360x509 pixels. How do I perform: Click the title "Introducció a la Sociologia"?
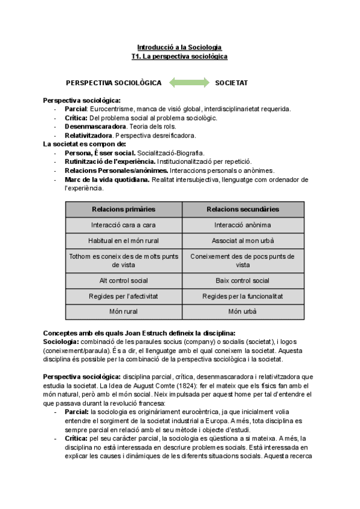pos(179,47)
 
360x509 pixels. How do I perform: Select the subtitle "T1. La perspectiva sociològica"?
pos(179,56)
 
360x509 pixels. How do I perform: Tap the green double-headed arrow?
pos(189,82)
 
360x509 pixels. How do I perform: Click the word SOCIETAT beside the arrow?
pos(232,82)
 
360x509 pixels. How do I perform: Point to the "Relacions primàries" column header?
pos(124,209)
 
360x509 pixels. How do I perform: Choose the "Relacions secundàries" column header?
pos(242,209)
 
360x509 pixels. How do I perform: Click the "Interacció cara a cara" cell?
pos(124,224)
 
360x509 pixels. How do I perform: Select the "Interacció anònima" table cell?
pos(242,224)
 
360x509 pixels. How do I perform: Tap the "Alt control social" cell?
pos(124,280)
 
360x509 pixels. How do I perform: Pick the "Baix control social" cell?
pos(242,280)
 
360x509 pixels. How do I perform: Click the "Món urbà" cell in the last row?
pos(242,312)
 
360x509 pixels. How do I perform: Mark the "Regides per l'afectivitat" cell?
pos(124,296)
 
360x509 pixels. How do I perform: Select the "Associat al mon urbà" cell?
pos(242,240)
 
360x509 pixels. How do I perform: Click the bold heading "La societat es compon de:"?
pos(85,144)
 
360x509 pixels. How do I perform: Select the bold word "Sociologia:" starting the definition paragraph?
pos(61,342)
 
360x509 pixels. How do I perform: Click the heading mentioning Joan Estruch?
pos(139,333)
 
